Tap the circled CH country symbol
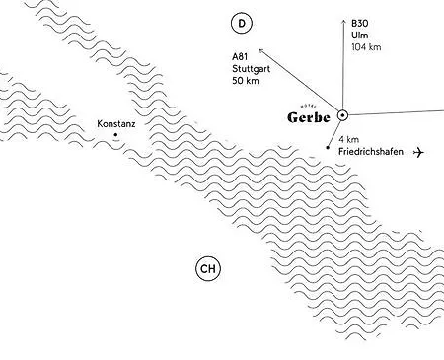pyautogui.click(x=207, y=268)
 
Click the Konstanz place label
pyautogui.click(x=115, y=124)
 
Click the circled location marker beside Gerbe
pyautogui.click(x=342, y=115)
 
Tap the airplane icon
pyautogui.click(x=421, y=152)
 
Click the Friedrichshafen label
pyautogui.click(x=369, y=153)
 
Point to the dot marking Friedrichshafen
pyautogui.click(x=327, y=148)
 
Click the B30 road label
pyautogui.click(x=360, y=21)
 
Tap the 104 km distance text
pyautogui.click(x=366, y=45)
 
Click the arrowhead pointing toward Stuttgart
pyautogui.click(x=260, y=48)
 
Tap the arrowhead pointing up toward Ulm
pyautogui.click(x=342, y=19)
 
